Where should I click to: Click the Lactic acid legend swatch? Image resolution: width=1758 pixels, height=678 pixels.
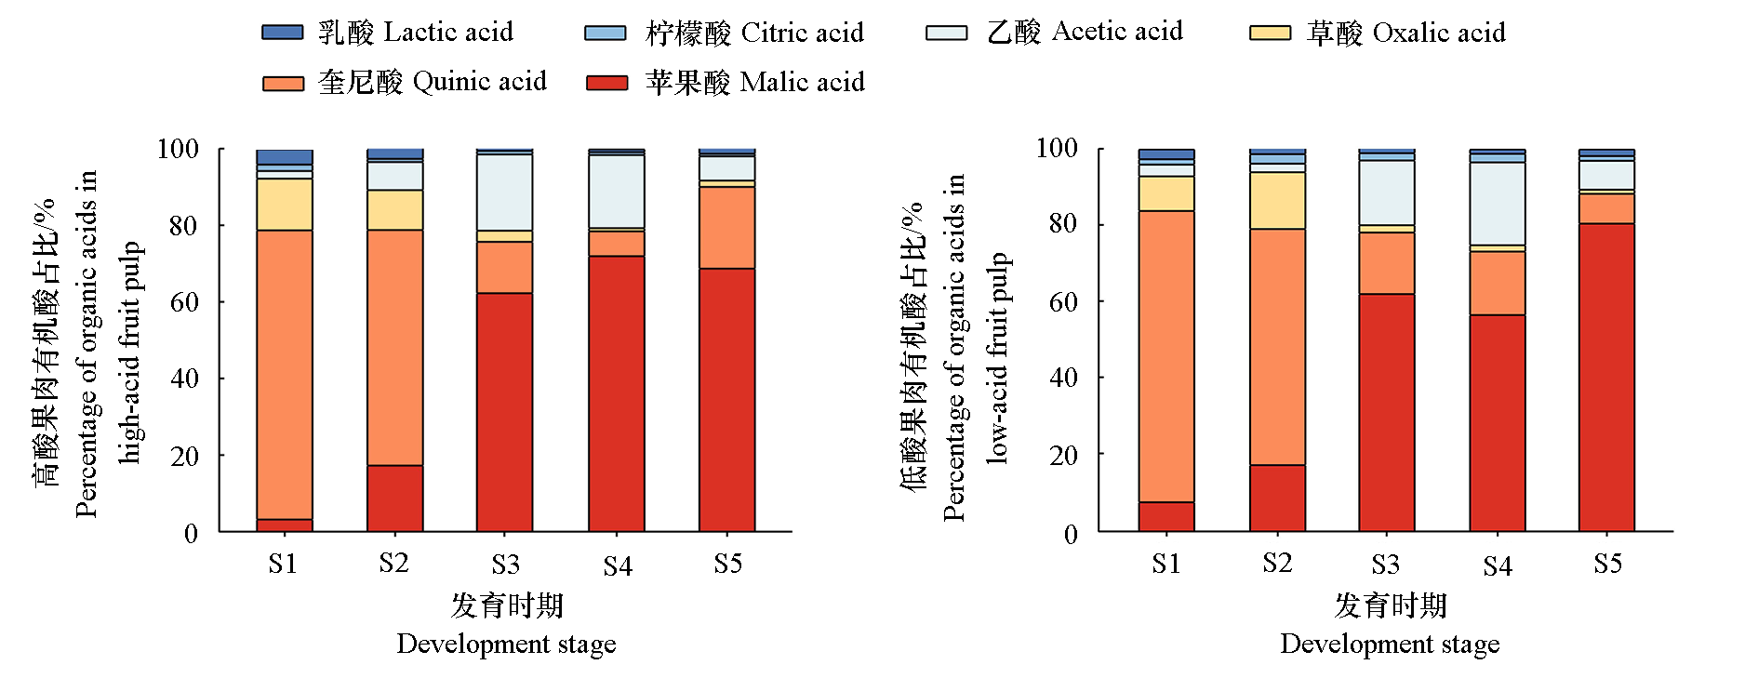point(283,33)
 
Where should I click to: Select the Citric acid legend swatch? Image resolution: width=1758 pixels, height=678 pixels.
point(605,33)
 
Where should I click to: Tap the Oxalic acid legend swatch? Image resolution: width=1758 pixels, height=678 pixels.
point(1270,33)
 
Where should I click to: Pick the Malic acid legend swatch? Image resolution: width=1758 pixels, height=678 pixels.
point(606,83)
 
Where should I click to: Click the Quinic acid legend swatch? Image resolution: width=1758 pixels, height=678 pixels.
point(283,83)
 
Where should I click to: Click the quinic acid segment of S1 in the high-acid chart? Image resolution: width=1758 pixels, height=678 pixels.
point(285,375)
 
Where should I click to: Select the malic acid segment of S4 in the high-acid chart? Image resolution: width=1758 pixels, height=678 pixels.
point(617,393)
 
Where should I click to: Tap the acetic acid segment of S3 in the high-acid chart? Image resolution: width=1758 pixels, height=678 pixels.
point(505,193)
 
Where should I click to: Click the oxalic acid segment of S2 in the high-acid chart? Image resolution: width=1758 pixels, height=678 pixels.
point(395,210)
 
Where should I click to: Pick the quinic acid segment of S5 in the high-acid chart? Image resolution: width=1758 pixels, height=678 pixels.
point(727,228)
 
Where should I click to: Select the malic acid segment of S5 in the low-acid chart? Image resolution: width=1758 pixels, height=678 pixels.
point(1606,378)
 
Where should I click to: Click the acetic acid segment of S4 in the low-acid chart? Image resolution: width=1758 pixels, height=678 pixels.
point(1498,204)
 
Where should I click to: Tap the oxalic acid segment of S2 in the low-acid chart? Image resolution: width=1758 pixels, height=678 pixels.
point(1277,201)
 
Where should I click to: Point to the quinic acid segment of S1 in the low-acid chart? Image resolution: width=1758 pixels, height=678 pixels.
point(1166,356)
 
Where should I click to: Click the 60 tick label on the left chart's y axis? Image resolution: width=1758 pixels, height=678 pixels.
point(184,302)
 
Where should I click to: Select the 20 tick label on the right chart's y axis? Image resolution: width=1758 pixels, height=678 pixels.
point(1064,456)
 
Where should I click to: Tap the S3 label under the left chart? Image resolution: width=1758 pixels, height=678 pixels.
point(505,565)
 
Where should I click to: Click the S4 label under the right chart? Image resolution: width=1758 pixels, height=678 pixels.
point(1498,565)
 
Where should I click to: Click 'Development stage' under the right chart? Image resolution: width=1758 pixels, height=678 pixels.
point(1390,645)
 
